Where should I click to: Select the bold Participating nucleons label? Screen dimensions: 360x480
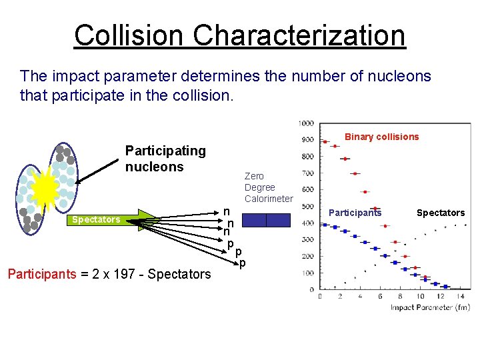[165, 159]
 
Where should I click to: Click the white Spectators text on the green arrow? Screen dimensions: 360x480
[96, 219]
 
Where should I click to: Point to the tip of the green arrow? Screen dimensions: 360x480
[159, 219]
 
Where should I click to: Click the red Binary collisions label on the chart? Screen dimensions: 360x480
[381, 137]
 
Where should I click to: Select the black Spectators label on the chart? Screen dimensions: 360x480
[440, 213]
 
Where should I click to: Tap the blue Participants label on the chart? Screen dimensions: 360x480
[355, 213]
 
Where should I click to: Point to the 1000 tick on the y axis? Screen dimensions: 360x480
[306, 123]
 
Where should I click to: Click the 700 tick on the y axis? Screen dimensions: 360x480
[307, 173]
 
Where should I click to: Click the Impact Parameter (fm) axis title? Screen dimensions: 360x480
[429, 307]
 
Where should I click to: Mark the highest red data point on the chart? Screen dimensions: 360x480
[325, 141]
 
